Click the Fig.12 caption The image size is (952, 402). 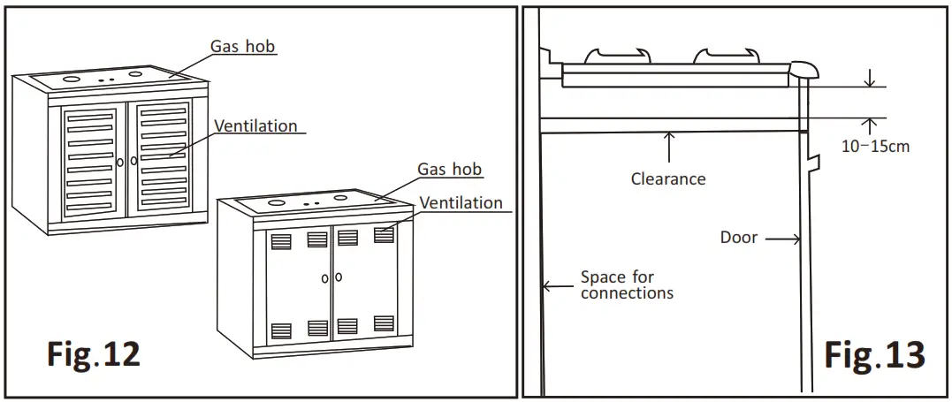[93, 354]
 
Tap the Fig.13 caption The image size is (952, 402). [874, 354]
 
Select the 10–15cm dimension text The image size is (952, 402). [874, 147]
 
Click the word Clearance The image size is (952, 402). [668, 178]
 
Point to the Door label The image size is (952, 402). [738, 238]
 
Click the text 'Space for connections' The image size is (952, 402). [626, 284]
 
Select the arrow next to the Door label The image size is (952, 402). [783, 238]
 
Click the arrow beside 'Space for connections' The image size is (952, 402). [557, 285]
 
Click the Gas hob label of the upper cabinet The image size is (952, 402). [242, 46]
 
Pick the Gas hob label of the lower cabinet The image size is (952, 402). [450, 169]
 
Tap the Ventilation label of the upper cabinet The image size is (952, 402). [255, 125]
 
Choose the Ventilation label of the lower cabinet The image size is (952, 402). [461, 203]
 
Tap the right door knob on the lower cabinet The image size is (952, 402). [339, 277]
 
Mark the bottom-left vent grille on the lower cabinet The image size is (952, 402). [280, 330]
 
